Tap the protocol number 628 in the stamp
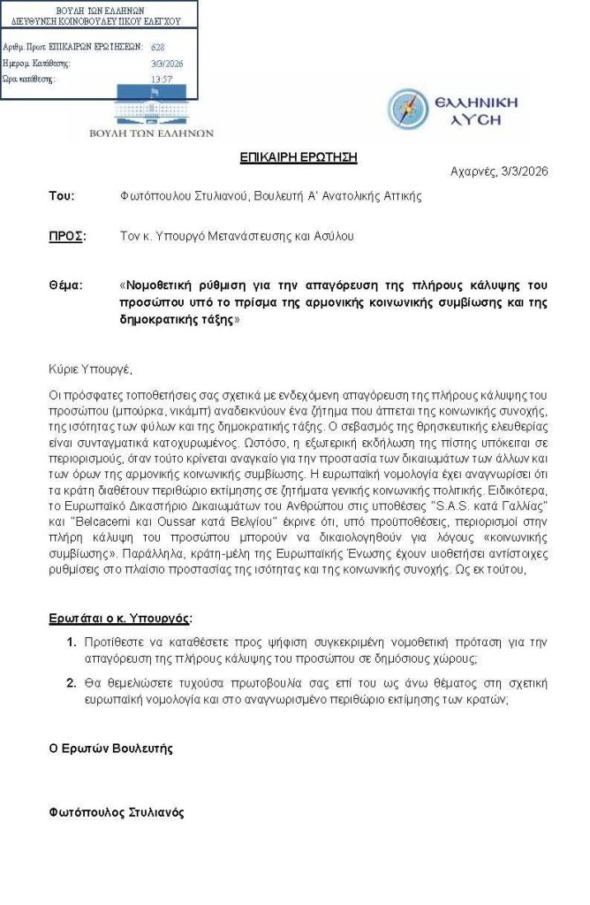(x=157, y=47)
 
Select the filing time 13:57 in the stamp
(x=161, y=79)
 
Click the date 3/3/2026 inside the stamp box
(x=167, y=63)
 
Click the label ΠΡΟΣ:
(x=66, y=236)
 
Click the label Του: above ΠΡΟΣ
(x=61, y=195)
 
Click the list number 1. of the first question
(x=72, y=639)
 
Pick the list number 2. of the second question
(x=72, y=682)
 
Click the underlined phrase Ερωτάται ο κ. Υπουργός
(x=119, y=617)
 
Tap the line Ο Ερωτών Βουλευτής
(x=110, y=749)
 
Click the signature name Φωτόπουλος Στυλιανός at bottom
(x=116, y=812)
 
